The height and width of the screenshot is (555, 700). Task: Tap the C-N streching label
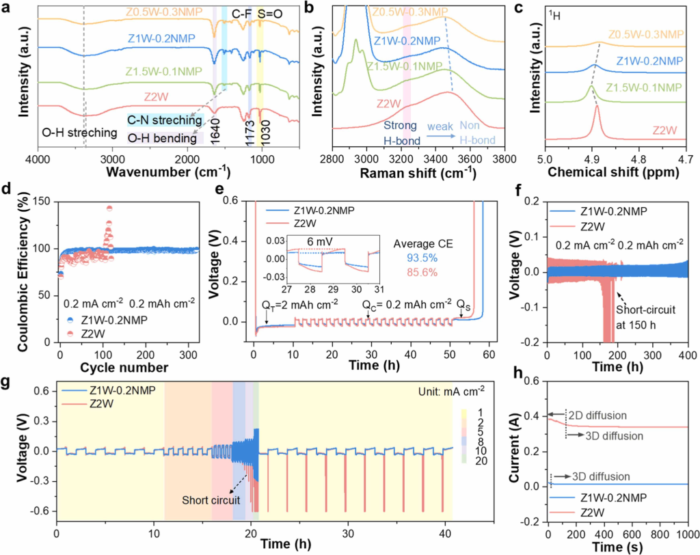coord(162,120)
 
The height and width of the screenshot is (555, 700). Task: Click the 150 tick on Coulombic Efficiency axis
coord(44,200)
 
